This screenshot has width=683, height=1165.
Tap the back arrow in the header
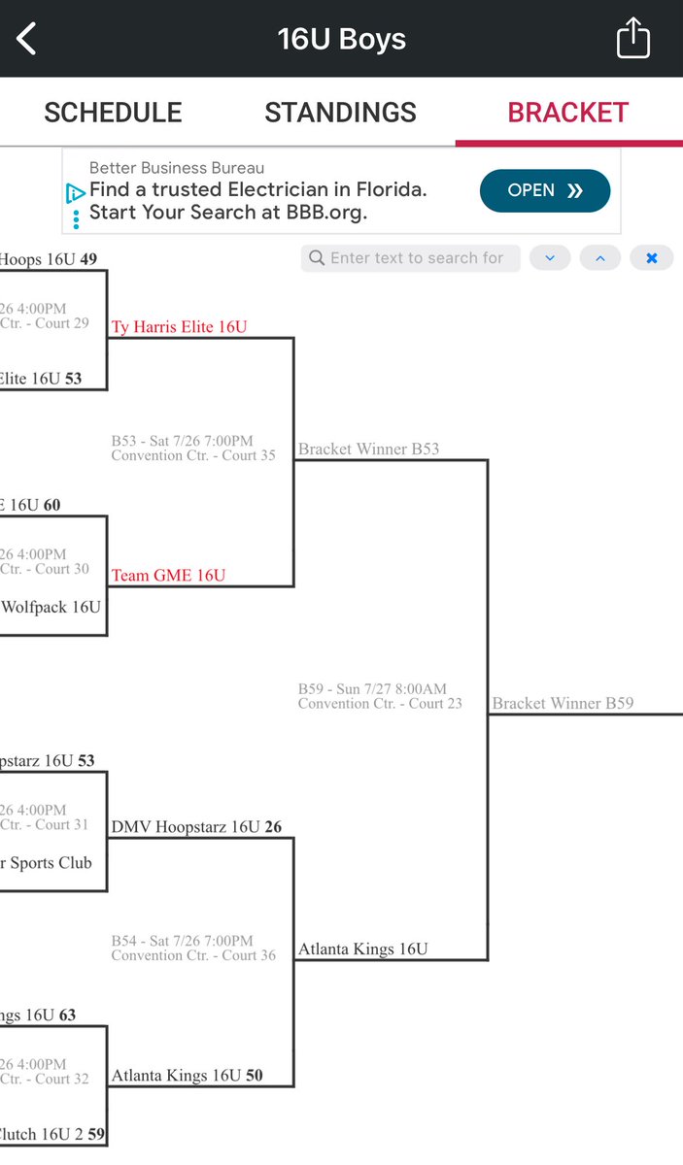pyautogui.click(x=26, y=39)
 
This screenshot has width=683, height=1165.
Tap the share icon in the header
pyautogui.click(x=632, y=39)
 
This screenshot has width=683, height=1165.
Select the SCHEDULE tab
pyautogui.click(x=113, y=113)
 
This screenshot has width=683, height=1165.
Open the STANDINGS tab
pyautogui.click(x=340, y=113)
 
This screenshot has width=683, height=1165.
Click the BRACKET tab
pyautogui.click(x=568, y=113)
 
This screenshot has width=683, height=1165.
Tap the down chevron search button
pyautogui.click(x=550, y=258)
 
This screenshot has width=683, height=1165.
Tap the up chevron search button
pyautogui.click(x=599, y=258)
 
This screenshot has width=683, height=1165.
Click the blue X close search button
pyautogui.click(x=651, y=258)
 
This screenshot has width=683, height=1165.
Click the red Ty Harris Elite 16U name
pyautogui.click(x=179, y=327)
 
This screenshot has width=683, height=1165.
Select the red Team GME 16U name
pyautogui.click(x=168, y=576)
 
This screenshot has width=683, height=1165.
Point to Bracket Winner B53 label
pyautogui.click(x=368, y=449)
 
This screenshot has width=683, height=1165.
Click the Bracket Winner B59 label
pyautogui.click(x=563, y=703)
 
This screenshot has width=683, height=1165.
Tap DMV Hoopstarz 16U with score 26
pyautogui.click(x=196, y=827)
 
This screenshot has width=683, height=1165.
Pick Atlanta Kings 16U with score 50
pyautogui.click(x=187, y=1076)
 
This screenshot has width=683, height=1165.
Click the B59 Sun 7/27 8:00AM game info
pyautogui.click(x=373, y=689)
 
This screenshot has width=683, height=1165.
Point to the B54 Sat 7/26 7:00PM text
pyautogui.click(x=182, y=941)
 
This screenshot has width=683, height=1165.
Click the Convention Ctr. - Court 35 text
pyautogui.click(x=193, y=455)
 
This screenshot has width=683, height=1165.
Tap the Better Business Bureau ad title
pyautogui.click(x=177, y=168)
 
